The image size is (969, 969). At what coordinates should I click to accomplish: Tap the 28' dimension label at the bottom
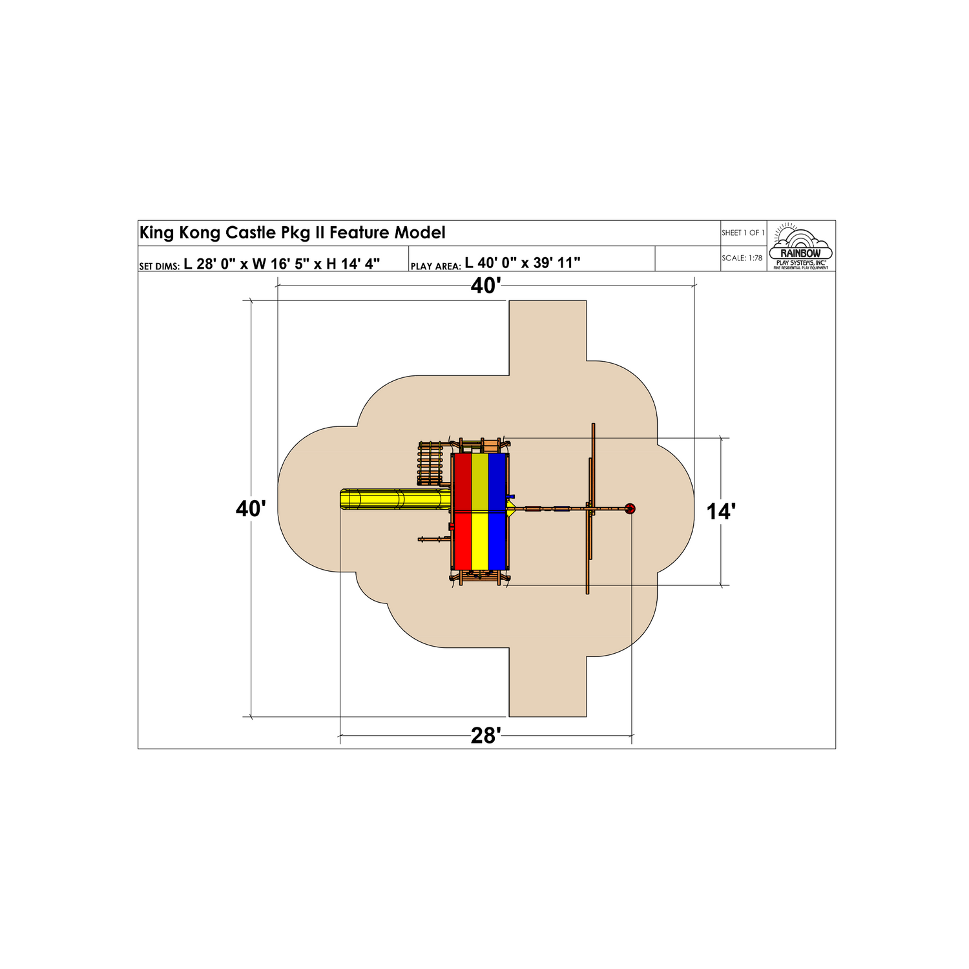(486, 736)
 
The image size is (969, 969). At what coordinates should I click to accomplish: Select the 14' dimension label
(721, 512)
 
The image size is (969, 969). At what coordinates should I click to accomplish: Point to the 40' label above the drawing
(486, 286)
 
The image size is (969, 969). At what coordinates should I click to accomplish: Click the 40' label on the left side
(251, 509)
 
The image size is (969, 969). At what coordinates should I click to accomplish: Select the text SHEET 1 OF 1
(743, 233)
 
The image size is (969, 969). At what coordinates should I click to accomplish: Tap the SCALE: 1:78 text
(742, 258)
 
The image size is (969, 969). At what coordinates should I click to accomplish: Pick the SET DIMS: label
(159, 266)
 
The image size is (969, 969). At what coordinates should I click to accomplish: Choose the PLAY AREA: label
(435, 266)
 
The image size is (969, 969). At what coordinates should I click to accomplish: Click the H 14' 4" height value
(353, 263)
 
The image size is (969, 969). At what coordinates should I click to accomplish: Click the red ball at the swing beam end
(630, 509)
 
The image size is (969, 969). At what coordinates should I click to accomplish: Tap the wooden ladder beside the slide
(430, 464)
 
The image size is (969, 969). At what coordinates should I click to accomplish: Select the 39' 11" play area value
(557, 263)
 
